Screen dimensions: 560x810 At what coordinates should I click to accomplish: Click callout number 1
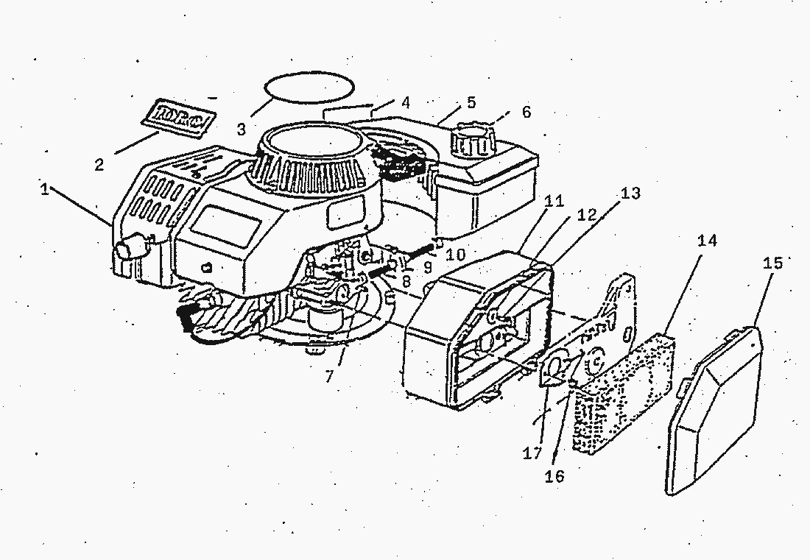(x=45, y=189)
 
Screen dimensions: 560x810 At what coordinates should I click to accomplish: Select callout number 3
(x=242, y=130)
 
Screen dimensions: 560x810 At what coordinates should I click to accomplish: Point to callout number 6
(x=526, y=112)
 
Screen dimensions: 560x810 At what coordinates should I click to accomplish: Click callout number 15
(x=772, y=263)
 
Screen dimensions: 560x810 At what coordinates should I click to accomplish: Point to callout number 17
(x=532, y=454)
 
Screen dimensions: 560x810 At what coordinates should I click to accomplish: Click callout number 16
(x=554, y=476)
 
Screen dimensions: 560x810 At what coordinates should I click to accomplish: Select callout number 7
(x=328, y=377)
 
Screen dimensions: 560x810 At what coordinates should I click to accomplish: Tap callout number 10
(x=456, y=255)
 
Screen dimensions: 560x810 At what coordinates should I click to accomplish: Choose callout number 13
(x=630, y=193)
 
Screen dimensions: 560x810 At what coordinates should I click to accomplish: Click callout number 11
(x=554, y=200)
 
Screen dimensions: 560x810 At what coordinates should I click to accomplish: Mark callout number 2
(x=99, y=164)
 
